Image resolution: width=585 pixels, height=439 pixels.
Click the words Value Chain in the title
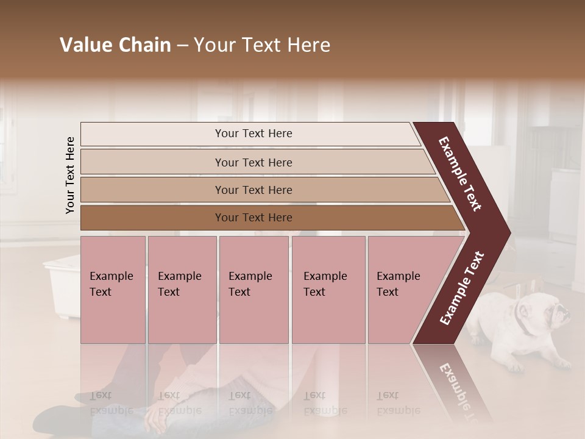115,45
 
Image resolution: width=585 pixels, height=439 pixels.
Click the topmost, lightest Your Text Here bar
253,134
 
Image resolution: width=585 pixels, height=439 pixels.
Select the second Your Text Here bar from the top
253,162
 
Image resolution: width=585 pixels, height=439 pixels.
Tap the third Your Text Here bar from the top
253,190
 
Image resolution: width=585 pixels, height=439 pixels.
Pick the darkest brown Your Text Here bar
253,218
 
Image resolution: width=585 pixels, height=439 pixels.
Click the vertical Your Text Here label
70,175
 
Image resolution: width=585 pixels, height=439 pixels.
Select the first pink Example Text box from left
113,290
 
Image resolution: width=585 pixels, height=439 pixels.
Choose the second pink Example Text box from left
182,290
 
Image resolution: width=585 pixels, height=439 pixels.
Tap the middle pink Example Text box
253,290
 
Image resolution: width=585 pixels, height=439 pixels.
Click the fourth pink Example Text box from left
328,290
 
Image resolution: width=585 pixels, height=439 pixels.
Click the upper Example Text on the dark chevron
460,174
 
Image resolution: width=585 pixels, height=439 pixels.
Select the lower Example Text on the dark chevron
461,288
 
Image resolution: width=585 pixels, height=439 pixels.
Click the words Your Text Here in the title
262,45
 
